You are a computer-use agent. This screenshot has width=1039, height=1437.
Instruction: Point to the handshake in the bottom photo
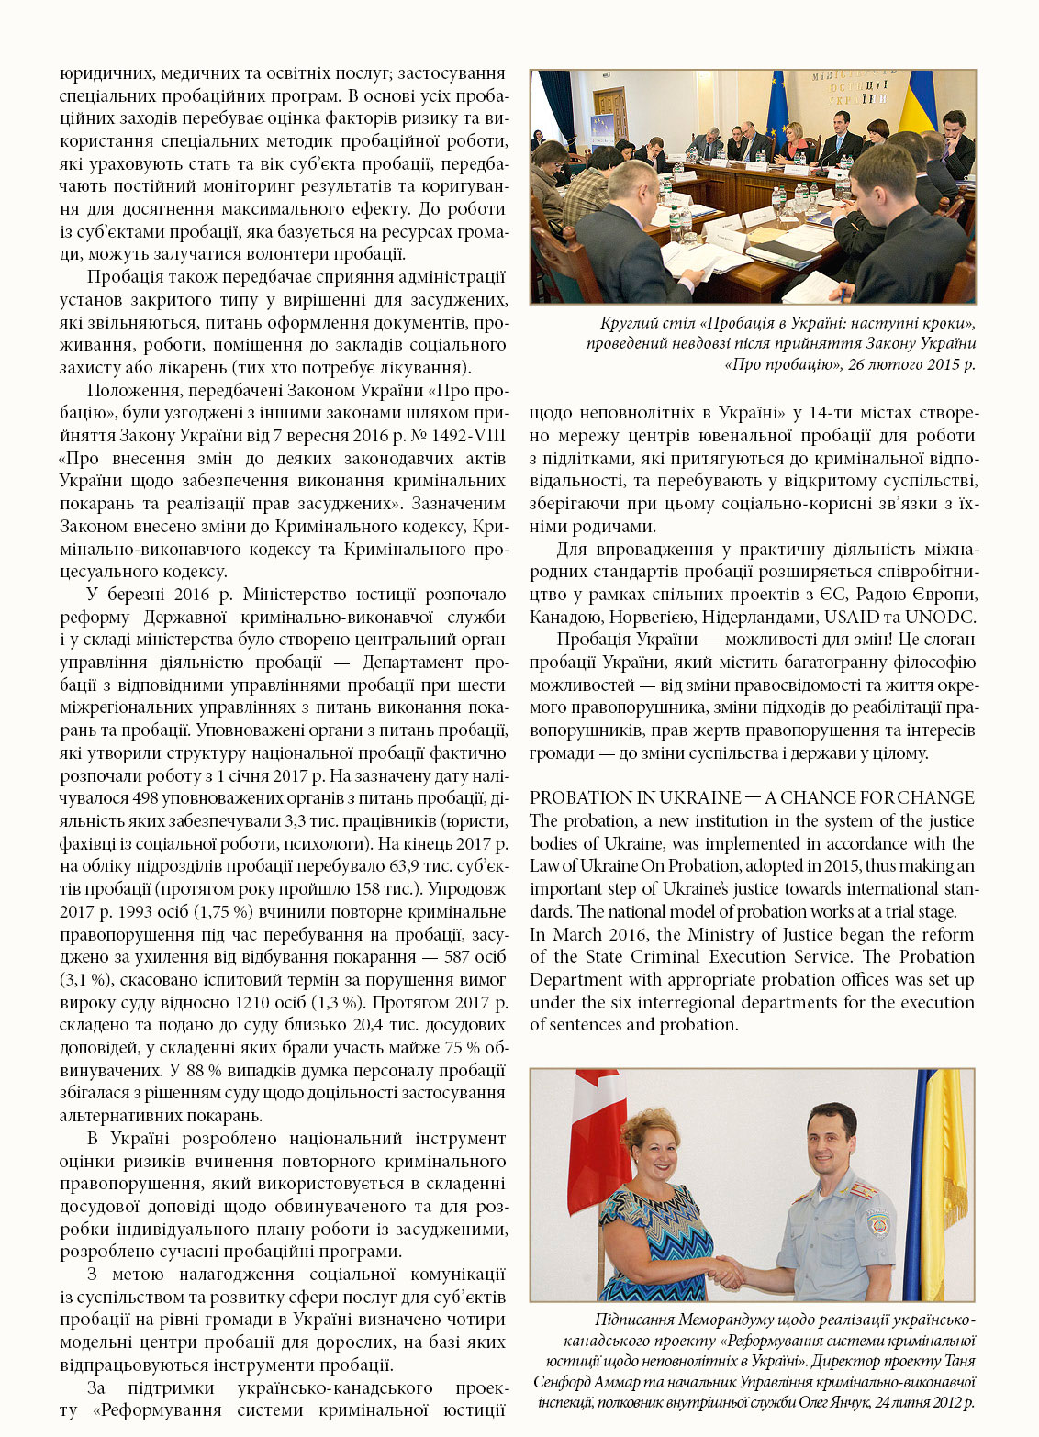[728, 1271]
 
